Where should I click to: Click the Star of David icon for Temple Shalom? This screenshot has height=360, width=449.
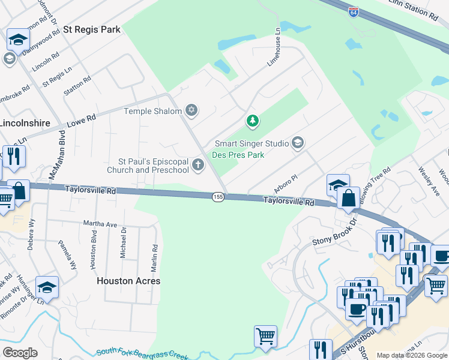point(191,110)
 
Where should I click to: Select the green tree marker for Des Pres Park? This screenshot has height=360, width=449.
point(253,121)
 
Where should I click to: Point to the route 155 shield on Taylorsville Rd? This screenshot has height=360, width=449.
point(218,197)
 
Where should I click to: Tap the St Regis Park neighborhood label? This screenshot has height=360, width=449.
point(92,29)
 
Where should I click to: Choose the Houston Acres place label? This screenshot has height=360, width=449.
point(129,281)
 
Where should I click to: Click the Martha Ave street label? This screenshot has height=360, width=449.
point(100,224)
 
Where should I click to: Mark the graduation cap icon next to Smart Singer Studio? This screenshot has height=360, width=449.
point(297,143)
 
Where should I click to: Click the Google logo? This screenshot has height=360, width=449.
point(20,353)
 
